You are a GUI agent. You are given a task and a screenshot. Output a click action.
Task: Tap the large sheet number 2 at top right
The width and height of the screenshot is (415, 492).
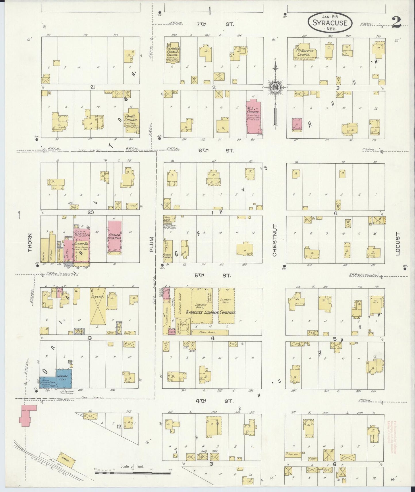pos(396,22)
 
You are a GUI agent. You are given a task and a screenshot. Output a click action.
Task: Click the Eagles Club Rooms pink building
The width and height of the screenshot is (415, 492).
pos(115,237)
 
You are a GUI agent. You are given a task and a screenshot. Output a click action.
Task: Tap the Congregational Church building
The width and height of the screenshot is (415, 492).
pos(132,121)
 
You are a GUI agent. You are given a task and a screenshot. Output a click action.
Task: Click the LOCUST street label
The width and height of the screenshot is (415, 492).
pos(398,248)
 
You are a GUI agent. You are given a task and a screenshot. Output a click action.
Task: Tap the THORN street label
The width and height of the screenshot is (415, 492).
pos(30,246)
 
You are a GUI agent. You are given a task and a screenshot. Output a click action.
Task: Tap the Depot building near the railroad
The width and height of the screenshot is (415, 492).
pos(67,459)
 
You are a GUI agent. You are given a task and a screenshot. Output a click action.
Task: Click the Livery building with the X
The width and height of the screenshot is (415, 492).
pos(98,306)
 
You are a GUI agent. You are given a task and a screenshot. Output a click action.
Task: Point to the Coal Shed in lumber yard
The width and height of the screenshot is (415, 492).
pos(210,332)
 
